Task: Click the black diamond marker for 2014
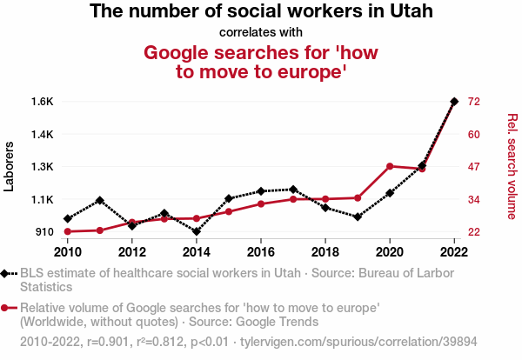pyautogui.click(x=197, y=231)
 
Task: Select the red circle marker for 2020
pyautogui.click(x=390, y=166)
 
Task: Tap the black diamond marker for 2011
pyautogui.click(x=100, y=200)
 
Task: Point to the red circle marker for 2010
pyautogui.click(x=68, y=231)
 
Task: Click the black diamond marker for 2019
pyautogui.click(x=358, y=217)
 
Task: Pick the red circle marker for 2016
pyautogui.click(x=261, y=203)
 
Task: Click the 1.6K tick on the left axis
pyautogui.click(x=43, y=102)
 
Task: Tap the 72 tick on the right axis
pyautogui.click(x=475, y=102)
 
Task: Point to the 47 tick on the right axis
pyautogui.click(x=475, y=167)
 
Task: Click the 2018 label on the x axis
pyautogui.click(x=325, y=252)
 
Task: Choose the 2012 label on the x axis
pyautogui.click(x=132, y=252)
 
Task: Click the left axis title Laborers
pyautogui.click(x=10, y=166)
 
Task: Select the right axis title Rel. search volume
pyautogui.click(x=512, y=166)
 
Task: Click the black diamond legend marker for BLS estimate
pyautogui.click(x=7, y=274)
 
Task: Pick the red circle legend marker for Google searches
pyautogui.click(x=7, y=307)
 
